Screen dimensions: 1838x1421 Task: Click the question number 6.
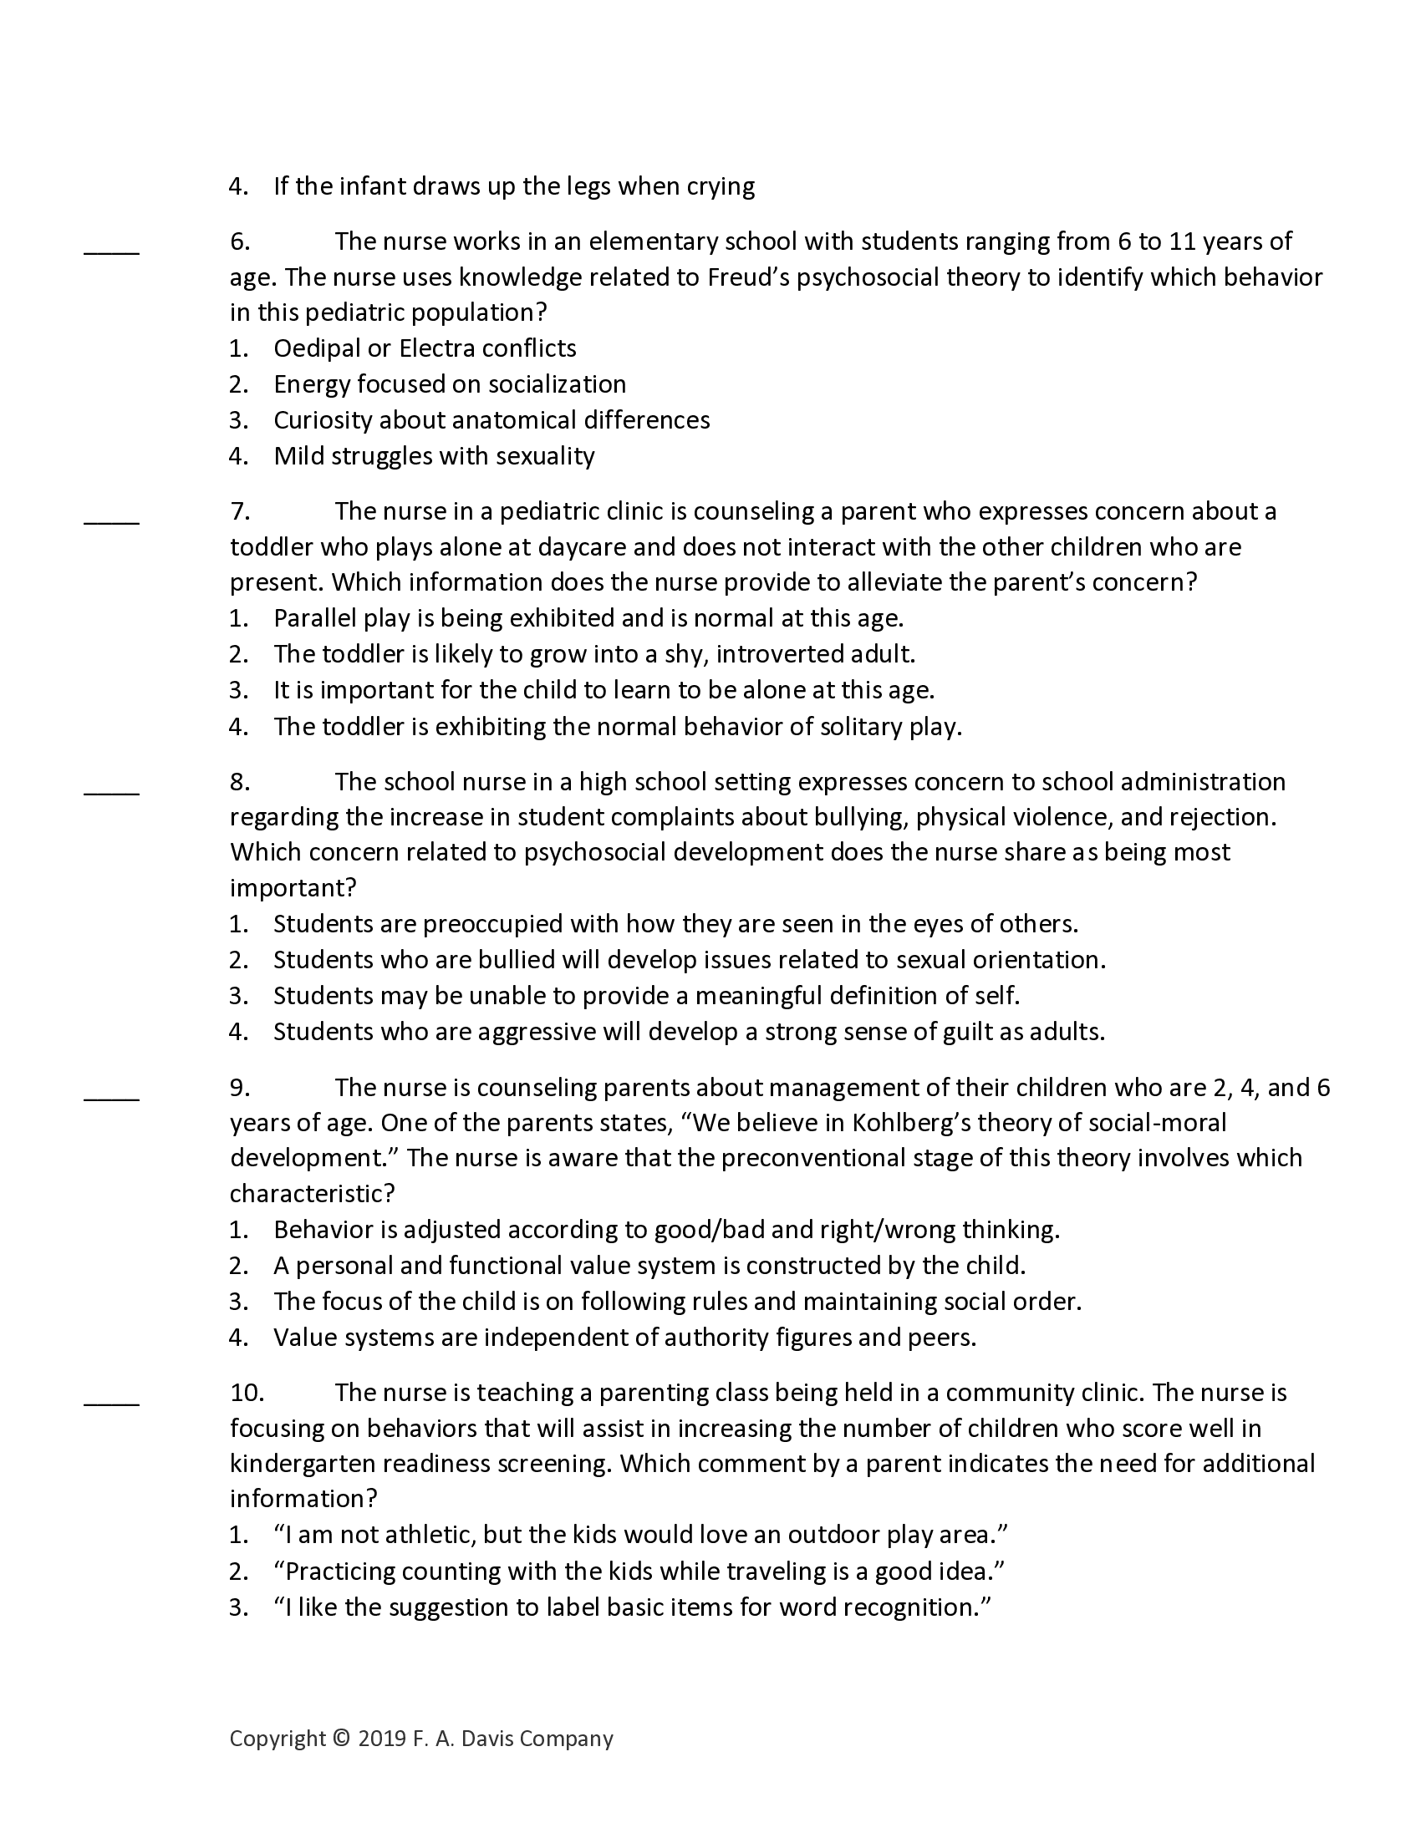click(239, 242)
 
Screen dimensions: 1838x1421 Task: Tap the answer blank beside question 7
click(111, 521)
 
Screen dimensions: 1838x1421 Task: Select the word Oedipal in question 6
click(317, 348)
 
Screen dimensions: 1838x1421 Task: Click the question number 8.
click(239, 783)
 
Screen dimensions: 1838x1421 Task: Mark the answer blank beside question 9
click(111, 1098)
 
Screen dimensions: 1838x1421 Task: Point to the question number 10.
click(247, 1393)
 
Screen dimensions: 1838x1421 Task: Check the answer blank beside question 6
click(111, 251)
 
